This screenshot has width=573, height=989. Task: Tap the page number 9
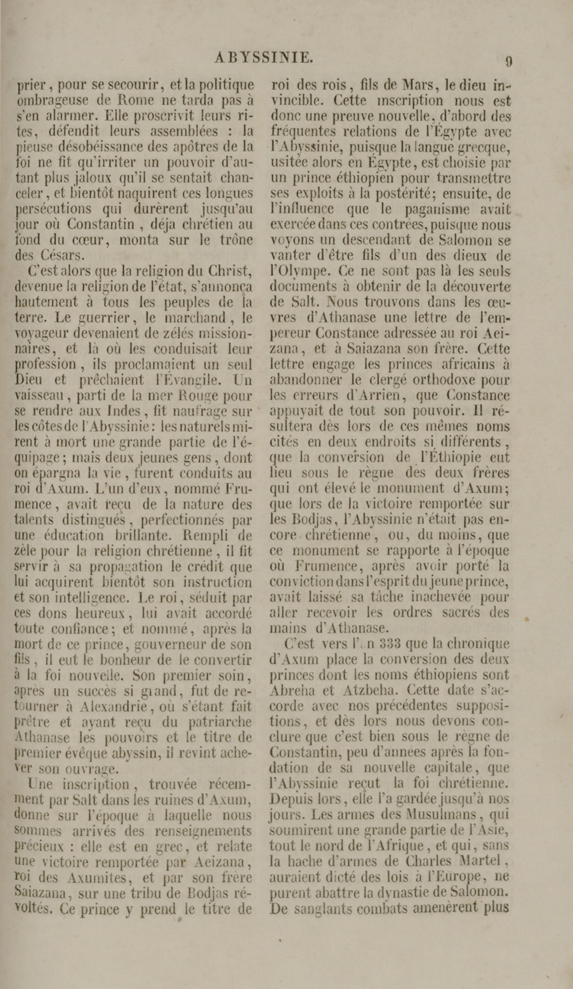(508, 62)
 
